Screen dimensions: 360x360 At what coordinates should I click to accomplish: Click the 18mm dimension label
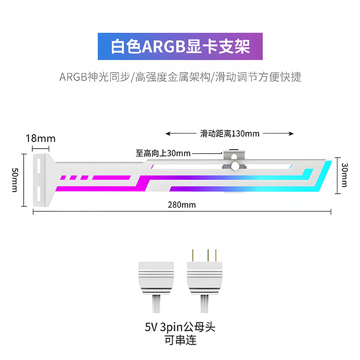coord(40,138)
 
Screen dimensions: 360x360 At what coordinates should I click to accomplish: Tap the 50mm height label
coord(15,180)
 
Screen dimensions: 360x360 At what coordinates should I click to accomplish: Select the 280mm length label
coord(182,205)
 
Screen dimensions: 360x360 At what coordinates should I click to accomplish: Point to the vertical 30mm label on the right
coord(345,175)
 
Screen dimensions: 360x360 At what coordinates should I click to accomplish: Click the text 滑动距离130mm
coord(229,133)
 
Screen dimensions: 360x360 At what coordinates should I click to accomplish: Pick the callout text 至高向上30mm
coord(163,153)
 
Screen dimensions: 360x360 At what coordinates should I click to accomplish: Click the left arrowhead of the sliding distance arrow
coord(168,133)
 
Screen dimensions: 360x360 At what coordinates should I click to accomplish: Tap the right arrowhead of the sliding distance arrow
coord(291,133)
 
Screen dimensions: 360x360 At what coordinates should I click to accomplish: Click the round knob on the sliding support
coord(234,166)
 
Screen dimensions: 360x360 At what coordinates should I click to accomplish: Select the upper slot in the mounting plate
coord(39,165)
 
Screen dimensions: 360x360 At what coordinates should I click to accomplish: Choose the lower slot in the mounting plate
coord(39,194)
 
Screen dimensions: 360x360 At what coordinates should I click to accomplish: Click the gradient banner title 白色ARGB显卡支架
coord(180,47)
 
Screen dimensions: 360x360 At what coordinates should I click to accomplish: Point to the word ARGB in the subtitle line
coord(73,77)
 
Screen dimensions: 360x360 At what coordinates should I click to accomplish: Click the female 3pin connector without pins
coord(156,287)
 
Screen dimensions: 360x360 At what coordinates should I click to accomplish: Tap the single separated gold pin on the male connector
coord(193,255)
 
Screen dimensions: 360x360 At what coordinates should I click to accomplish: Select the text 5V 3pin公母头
coord(180,327)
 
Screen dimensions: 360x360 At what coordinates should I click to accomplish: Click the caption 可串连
coord(180,341)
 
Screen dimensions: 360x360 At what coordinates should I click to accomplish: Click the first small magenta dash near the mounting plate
coord(63,178)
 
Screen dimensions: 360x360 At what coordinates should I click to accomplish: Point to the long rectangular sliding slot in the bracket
coord(221,166)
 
